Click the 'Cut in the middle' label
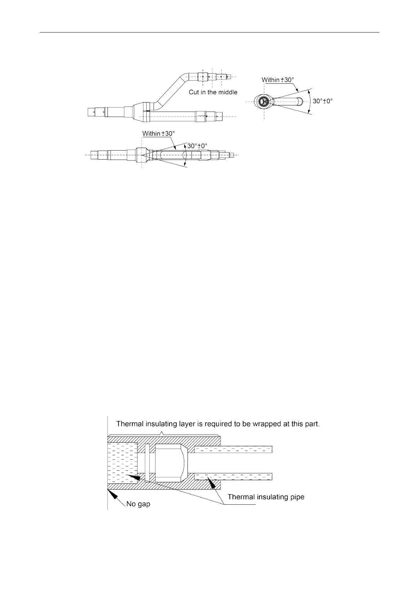pyautogui.click(x=213, y=92)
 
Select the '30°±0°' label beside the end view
pyautogui.click(x=323, y=101)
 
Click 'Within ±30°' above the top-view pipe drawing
pyautogui.click(x=159, y=134)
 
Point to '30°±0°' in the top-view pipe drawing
pyautogui.click(x=198, y=146)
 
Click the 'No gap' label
pyautogui.click(x=138, y=504)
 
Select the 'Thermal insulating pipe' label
pyautogui.click(x=266, y=497)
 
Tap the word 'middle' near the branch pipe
pyautogui.click(x=227, y=92)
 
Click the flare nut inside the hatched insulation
pyautogui.click(x=169, y=462)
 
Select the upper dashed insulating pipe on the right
pyautogui.click(x=233, y=450)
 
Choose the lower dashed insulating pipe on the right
pyautogui.click(x=233, y=477)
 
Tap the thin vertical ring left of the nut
pyautogui.click(x=147, y=462)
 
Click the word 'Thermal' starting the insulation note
pyautogui.click(x=129, y=424)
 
